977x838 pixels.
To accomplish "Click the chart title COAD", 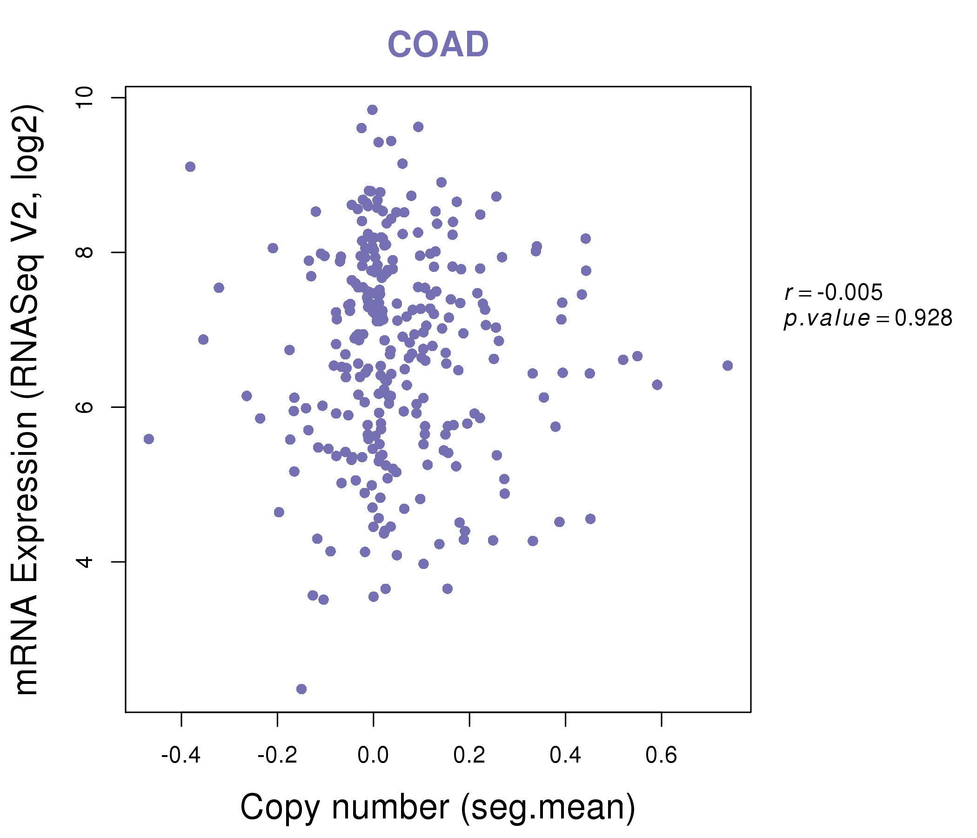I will (x=438, y=45).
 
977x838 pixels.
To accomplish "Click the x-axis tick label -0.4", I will (x=181, y=756).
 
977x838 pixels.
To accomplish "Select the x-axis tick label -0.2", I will (x=277, y=756).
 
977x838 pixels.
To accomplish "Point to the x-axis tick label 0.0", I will (x=373, y=756).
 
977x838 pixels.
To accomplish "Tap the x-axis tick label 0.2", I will (x=469, y=756).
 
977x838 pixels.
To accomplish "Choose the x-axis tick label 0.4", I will (x=565, y=756).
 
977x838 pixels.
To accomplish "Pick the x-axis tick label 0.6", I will (x=661, y=756).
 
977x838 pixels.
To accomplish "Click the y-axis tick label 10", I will (x=84, y=98).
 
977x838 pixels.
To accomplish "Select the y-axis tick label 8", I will (x=84, y=252).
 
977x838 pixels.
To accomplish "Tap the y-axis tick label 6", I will (x=84, y=407).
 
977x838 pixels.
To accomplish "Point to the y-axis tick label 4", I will (x=84, y=561).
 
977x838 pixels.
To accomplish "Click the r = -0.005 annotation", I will (x=833, y=292).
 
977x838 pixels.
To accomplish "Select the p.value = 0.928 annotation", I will (x=868, y=318).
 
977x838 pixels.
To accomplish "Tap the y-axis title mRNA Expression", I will (x=27, y=400).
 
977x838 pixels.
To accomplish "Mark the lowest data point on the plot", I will (x=301, y=689).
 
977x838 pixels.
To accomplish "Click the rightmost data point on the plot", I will (x=728, y=365).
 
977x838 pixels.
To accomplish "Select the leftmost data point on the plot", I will (x=149, y=439).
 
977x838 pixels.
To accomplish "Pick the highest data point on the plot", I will (x=373, y=110).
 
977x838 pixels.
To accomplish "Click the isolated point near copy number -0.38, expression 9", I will (x=190, y=167).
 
